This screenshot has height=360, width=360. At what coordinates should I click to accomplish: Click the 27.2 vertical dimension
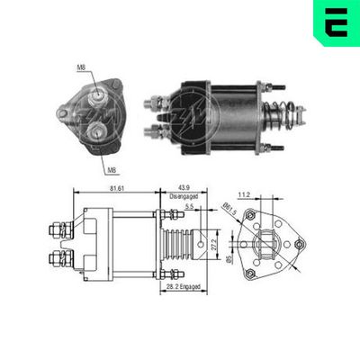pos(213,242)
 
